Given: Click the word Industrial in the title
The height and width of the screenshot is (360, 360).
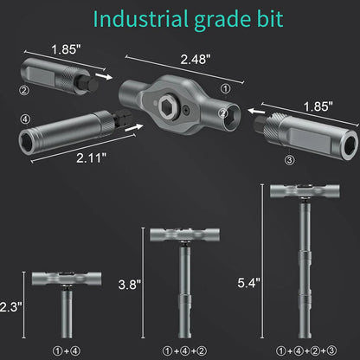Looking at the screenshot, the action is coord(139,19).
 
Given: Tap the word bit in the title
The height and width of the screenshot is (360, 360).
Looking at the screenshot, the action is coord(269,19).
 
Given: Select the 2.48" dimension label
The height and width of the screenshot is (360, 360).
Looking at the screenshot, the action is coord(196,59).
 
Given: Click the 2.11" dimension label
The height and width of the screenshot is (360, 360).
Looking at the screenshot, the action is coord(92,157).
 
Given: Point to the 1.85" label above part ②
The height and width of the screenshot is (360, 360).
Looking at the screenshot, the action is coord(67,49).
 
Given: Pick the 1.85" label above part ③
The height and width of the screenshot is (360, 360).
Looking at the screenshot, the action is coord(318,106).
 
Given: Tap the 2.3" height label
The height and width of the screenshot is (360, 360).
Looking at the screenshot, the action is coord(10,306).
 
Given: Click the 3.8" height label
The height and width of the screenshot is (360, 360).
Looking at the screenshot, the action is coord(130,285).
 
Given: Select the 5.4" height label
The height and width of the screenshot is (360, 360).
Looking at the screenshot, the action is coord(248,283).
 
